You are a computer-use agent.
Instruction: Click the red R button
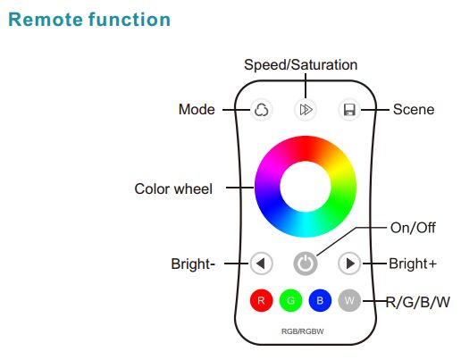point(261,300)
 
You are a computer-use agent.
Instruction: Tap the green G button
point(290,300)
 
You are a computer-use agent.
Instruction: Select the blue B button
point(320,300)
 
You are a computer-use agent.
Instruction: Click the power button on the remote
point(306,264)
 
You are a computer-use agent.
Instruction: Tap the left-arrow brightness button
point(262,264)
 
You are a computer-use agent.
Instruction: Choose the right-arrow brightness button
point(349,264)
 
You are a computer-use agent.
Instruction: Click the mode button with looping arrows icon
point(261,110)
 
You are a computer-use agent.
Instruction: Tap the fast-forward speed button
point(306,110)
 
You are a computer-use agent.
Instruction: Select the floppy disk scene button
point(349,110)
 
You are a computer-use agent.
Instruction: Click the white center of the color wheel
point(306,187)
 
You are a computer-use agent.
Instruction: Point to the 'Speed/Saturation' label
point(301,65)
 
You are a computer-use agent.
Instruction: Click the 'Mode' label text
point(197,109)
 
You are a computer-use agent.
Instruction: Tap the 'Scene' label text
point(414,109)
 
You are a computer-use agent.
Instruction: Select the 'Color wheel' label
point(173,188)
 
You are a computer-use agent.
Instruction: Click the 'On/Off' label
point(413,228)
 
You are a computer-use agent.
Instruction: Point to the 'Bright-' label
point(193,264)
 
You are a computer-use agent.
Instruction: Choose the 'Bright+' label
point(413,264)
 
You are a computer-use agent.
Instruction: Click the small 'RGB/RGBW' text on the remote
point(303,331)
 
